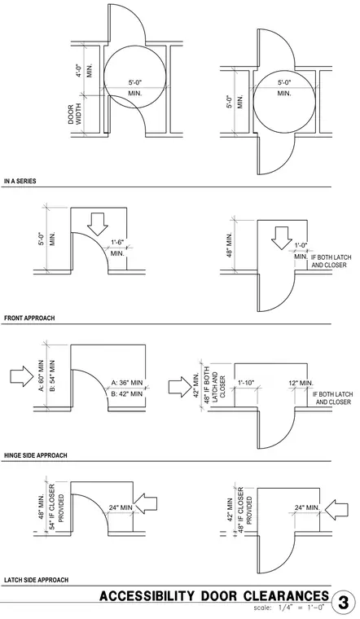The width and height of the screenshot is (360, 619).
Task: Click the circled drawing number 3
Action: [343, 603]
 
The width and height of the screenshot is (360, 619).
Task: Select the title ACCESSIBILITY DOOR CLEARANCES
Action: [214, 596]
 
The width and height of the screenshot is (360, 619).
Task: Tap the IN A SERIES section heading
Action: [20, 181]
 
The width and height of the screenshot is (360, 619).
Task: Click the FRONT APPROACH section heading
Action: [29, 318]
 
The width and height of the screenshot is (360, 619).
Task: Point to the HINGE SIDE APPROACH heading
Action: [36, 455]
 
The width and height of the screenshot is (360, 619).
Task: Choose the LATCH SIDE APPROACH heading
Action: [36, 580]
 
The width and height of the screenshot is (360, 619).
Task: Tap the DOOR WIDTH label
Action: [74, 115]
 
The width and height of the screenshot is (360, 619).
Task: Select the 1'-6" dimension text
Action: [117, 243]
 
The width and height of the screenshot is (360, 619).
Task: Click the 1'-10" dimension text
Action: [246, 383]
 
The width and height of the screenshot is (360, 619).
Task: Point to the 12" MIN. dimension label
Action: [301, 383]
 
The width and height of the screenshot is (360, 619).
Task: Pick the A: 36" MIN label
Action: [127, 383]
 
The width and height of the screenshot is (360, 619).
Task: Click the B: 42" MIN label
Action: [127, 393]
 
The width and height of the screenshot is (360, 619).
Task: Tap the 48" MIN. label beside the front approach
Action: [230, 244]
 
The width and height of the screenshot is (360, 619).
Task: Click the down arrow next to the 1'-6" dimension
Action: [97, 224]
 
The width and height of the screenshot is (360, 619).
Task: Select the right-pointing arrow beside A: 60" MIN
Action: [21, 375]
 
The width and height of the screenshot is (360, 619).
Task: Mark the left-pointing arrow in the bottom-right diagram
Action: [336, 510]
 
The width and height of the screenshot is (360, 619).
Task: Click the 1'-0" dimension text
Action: [301, 245]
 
